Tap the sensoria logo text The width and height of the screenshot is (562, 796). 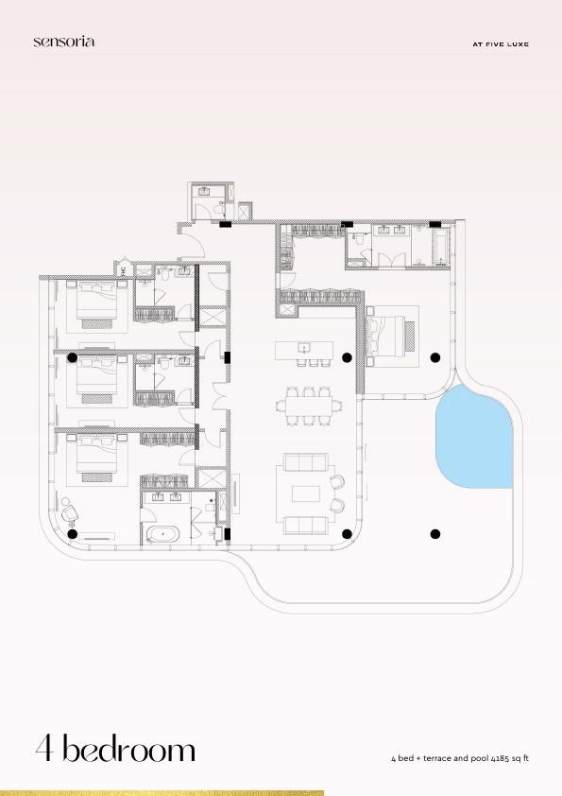point(63,42)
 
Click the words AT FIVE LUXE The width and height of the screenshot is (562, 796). point(500,43)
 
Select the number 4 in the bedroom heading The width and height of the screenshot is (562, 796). point(45,750)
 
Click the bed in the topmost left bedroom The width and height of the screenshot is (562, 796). point(95,302)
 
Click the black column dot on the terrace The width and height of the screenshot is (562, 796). point(435,534)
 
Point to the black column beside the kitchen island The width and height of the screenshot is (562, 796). point(347,357)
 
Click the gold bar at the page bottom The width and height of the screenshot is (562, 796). point(162,792)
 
